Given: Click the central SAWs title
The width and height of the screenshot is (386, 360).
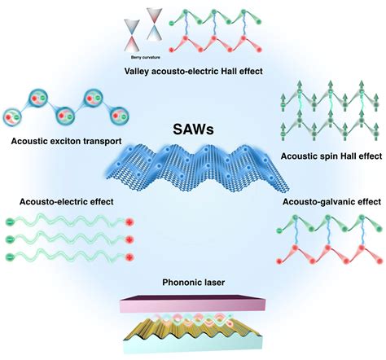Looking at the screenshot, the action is [193, 130].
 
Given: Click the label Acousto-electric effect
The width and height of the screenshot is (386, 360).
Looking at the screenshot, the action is [67, 202].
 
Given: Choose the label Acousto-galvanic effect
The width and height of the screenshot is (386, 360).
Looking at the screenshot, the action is [331, 202].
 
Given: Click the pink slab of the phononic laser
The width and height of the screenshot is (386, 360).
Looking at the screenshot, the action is [193, 303].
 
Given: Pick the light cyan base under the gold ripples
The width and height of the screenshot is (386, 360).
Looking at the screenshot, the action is [193, 343].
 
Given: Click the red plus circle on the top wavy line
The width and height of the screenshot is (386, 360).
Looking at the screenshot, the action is [129, 222].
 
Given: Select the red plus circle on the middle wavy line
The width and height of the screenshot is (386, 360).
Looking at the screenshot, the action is [129, 239].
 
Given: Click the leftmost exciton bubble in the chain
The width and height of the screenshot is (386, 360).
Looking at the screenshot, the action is [12, 117].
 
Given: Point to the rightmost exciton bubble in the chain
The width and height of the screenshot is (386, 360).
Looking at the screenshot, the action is [119, 116].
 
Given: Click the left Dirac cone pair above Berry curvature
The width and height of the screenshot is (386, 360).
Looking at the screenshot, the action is [132, 35].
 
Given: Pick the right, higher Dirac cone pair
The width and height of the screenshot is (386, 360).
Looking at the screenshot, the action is [154, 24].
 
